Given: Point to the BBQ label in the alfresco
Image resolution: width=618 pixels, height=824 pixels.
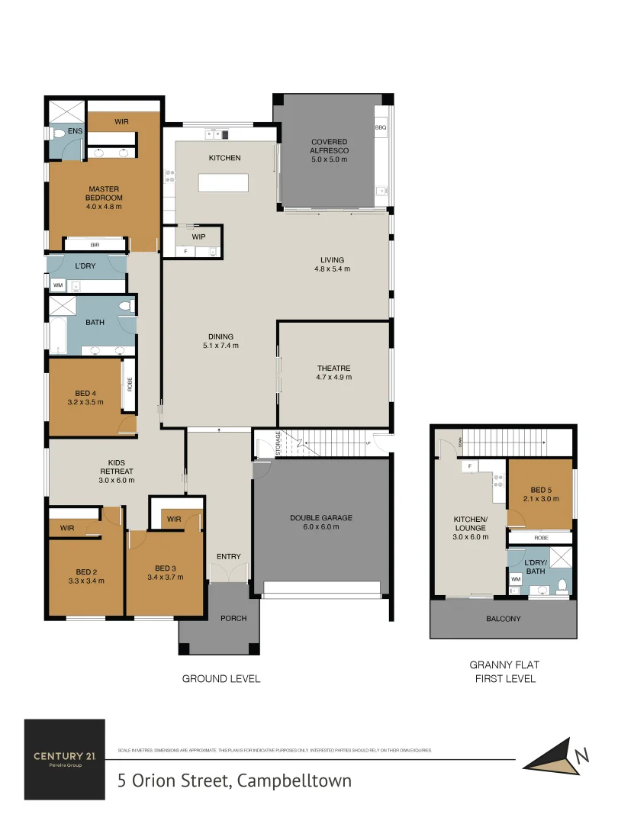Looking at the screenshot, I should coord(381,127).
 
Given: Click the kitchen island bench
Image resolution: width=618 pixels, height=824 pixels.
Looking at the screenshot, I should coord(224,183).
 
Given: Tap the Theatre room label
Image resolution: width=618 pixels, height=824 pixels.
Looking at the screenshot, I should coord(333,368).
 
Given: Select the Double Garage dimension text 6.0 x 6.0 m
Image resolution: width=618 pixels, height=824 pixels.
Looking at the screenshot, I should coord(320,527).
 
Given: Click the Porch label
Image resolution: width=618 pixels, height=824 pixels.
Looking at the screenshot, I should coord(233,618).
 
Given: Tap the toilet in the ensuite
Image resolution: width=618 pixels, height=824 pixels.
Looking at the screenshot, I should coord(59,134).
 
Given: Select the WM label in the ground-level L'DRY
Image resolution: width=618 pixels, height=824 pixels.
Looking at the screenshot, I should coord(58,286).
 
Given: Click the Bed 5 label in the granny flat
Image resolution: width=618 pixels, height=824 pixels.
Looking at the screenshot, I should coord(539,489).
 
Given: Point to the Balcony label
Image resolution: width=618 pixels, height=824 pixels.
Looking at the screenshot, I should coord(504,619).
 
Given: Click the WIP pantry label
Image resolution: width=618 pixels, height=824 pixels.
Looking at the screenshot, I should coord(198,237).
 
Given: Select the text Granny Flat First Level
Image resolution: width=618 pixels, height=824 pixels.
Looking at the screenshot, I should coord(504,671).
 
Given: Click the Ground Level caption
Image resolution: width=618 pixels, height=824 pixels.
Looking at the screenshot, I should coord(220,678).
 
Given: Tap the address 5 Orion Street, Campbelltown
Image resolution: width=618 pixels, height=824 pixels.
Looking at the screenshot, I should coord(234,781).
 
